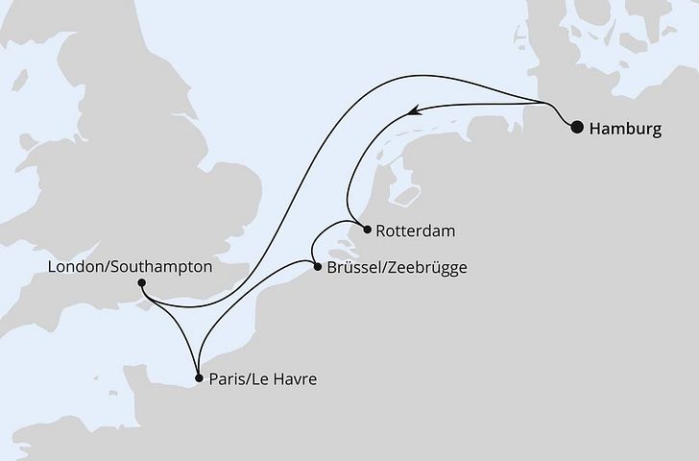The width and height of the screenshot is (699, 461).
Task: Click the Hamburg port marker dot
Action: click(577, 127)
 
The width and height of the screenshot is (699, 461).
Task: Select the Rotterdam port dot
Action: click(367, 229)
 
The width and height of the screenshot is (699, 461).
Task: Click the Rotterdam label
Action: click(416, 230)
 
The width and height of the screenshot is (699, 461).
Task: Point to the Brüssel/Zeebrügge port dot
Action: click(317, 266)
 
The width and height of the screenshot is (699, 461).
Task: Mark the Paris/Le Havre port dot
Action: click(198, 378)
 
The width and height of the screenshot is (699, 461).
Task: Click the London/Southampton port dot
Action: click(142, 282)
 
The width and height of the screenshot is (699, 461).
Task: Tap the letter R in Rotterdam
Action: click(382, 230)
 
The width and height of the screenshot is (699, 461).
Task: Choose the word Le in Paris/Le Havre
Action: click(259, 379)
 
